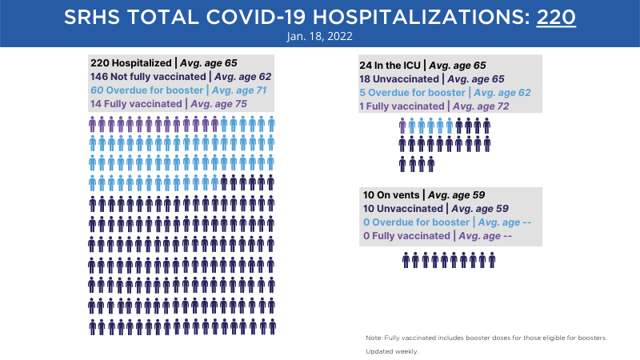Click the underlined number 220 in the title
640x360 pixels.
coord(556,17)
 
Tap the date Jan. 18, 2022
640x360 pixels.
coord(319,36)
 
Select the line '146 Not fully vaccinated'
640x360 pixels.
coord(148,77)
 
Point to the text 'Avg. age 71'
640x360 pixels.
coord(239,90)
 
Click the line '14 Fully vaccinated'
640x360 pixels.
coord(136,104)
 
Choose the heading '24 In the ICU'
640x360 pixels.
coord(390,66)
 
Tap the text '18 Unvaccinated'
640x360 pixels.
coord(399,78)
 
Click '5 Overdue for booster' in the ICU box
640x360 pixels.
coord(412,93)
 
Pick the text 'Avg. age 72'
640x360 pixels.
coord(482,106)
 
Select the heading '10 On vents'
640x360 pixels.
coord(391,195)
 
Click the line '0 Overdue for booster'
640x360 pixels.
coord(416,222)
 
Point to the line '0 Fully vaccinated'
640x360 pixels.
coord(406,236)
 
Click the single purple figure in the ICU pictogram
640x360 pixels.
coord(402,126)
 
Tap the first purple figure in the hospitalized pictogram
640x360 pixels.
coord(92,124)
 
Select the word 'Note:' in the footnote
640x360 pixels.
coord(374,338)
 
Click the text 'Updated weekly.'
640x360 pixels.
coord(392,351)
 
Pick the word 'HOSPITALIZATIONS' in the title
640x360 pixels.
coord(422,17)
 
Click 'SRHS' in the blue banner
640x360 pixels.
coord(92,17)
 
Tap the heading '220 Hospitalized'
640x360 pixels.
coord(131,63)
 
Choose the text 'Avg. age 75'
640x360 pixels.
coord(218,104)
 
